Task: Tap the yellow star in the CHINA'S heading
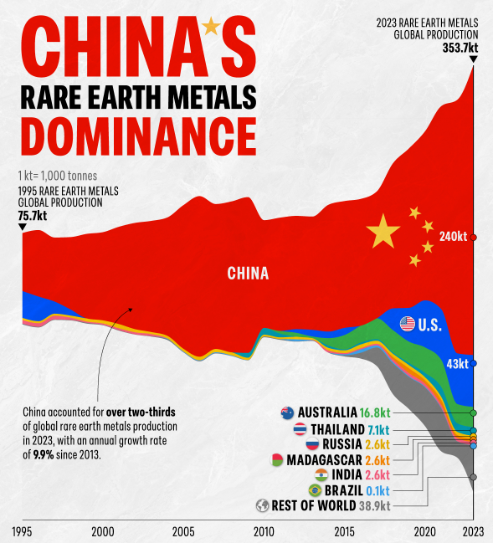[x=211, y=27]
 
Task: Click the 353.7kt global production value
[x=460, y=48]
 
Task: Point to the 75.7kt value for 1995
[x=33, y=215]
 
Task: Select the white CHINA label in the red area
[x=248, y=274]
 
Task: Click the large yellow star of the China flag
[x=383, y=231]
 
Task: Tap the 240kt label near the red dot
[x=452, y=237]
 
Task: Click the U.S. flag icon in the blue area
[x=408, y=324]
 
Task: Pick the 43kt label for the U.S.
[x=456, y=364]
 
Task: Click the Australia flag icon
[x=287, y=412]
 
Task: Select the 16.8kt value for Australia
[x=374, y=413]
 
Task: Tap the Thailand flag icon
[x=299, y=429]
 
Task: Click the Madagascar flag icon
[x=277, y=459]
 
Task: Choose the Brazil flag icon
[x=315, y=490]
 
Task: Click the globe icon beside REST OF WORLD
[x=262, y=505]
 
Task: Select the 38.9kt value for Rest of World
[x=373, y=505]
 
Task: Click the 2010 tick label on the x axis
[x=264, y=531]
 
